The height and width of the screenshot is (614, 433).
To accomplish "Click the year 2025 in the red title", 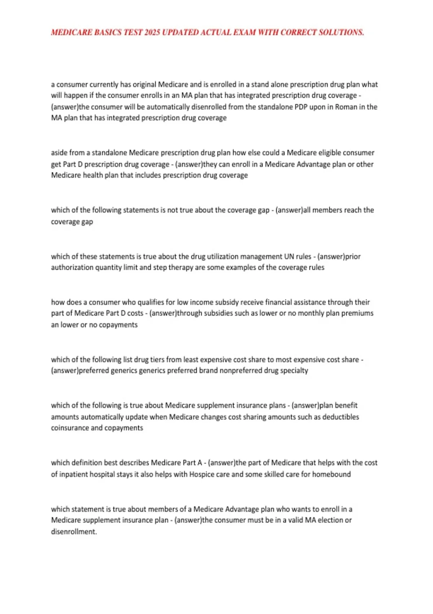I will (x=152, y=33).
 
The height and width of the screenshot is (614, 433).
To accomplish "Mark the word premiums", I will (x=357, y=313).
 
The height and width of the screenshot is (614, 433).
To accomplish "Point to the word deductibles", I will (x=341, y=417).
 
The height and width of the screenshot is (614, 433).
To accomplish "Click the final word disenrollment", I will (x=74, y=532).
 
